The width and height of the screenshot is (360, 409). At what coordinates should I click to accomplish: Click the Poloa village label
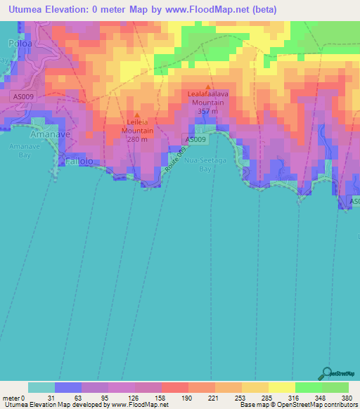pos(15,42)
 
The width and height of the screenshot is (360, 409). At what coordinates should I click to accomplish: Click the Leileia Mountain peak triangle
pos(137,115)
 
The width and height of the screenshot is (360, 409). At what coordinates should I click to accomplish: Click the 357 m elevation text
pos(208,111)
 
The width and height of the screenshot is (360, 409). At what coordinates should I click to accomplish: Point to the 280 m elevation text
pos(137,138)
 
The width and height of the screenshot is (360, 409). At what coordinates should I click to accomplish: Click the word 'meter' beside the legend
pos(11,398)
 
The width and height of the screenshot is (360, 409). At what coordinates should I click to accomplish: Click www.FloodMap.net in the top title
pos(219,9)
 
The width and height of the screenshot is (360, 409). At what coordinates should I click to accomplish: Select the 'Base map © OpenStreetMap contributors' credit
pos(297,405)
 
